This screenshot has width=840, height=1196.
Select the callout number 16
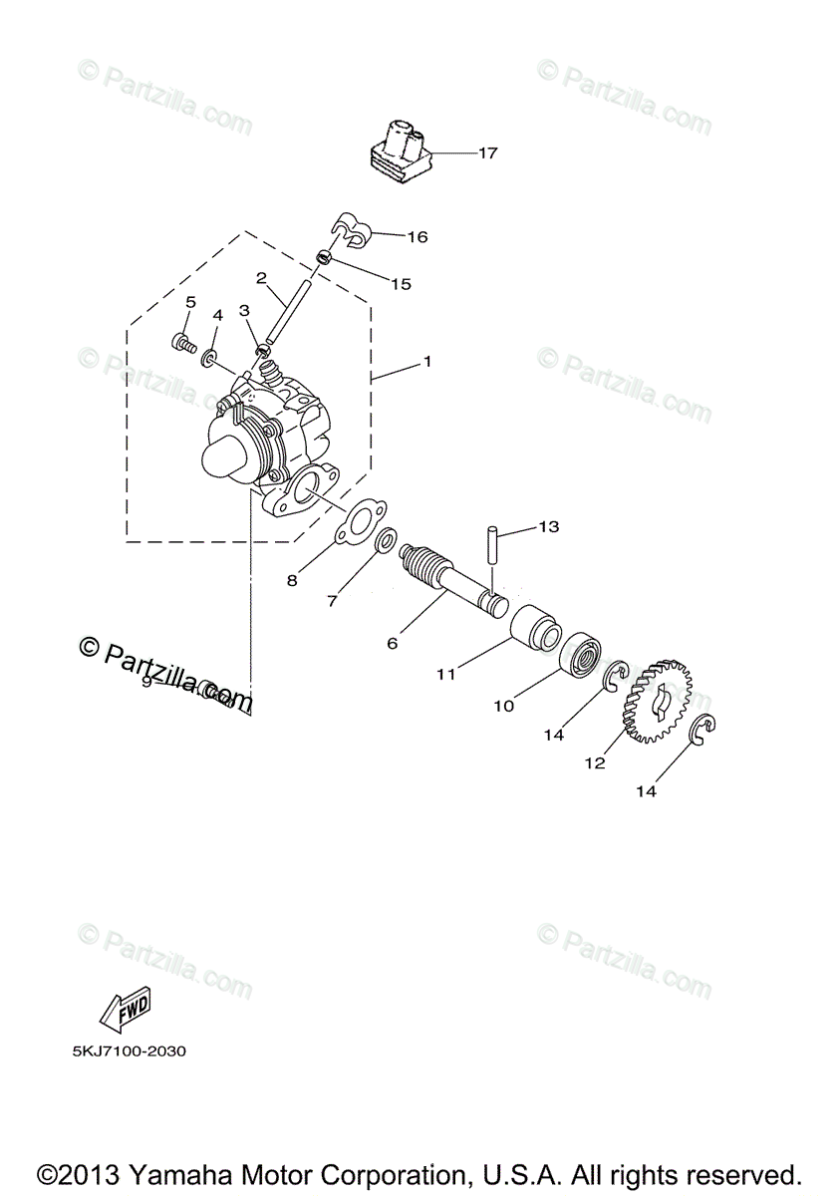(417, 237)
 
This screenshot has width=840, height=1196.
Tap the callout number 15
(400, 284)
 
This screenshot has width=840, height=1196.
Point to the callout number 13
(549, 526)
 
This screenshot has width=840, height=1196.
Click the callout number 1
(426, 362)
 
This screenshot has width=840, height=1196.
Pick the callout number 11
(445, 674)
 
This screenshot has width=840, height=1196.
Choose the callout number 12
(595, 763)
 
